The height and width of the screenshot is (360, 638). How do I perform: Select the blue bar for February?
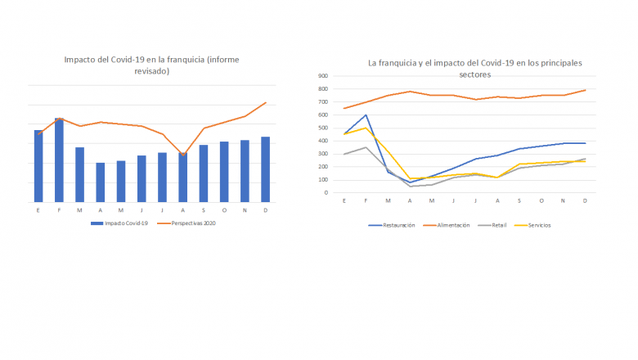click(59, 160)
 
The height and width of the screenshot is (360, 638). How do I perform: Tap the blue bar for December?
click(265, 169)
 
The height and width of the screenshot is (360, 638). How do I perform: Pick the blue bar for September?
click(204, 173)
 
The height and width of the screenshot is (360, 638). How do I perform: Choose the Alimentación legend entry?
click(450, 225)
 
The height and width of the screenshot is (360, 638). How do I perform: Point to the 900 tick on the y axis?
click(322, 75)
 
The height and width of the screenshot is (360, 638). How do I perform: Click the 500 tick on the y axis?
click(322, 128)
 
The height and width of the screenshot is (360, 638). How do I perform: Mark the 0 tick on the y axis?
click(326, 193)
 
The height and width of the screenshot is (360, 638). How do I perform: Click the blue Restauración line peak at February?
click(366, 115)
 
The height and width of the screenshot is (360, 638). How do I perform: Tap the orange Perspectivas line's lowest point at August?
click(182, 154)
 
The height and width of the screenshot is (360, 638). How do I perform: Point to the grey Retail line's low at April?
click(410, 187)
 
